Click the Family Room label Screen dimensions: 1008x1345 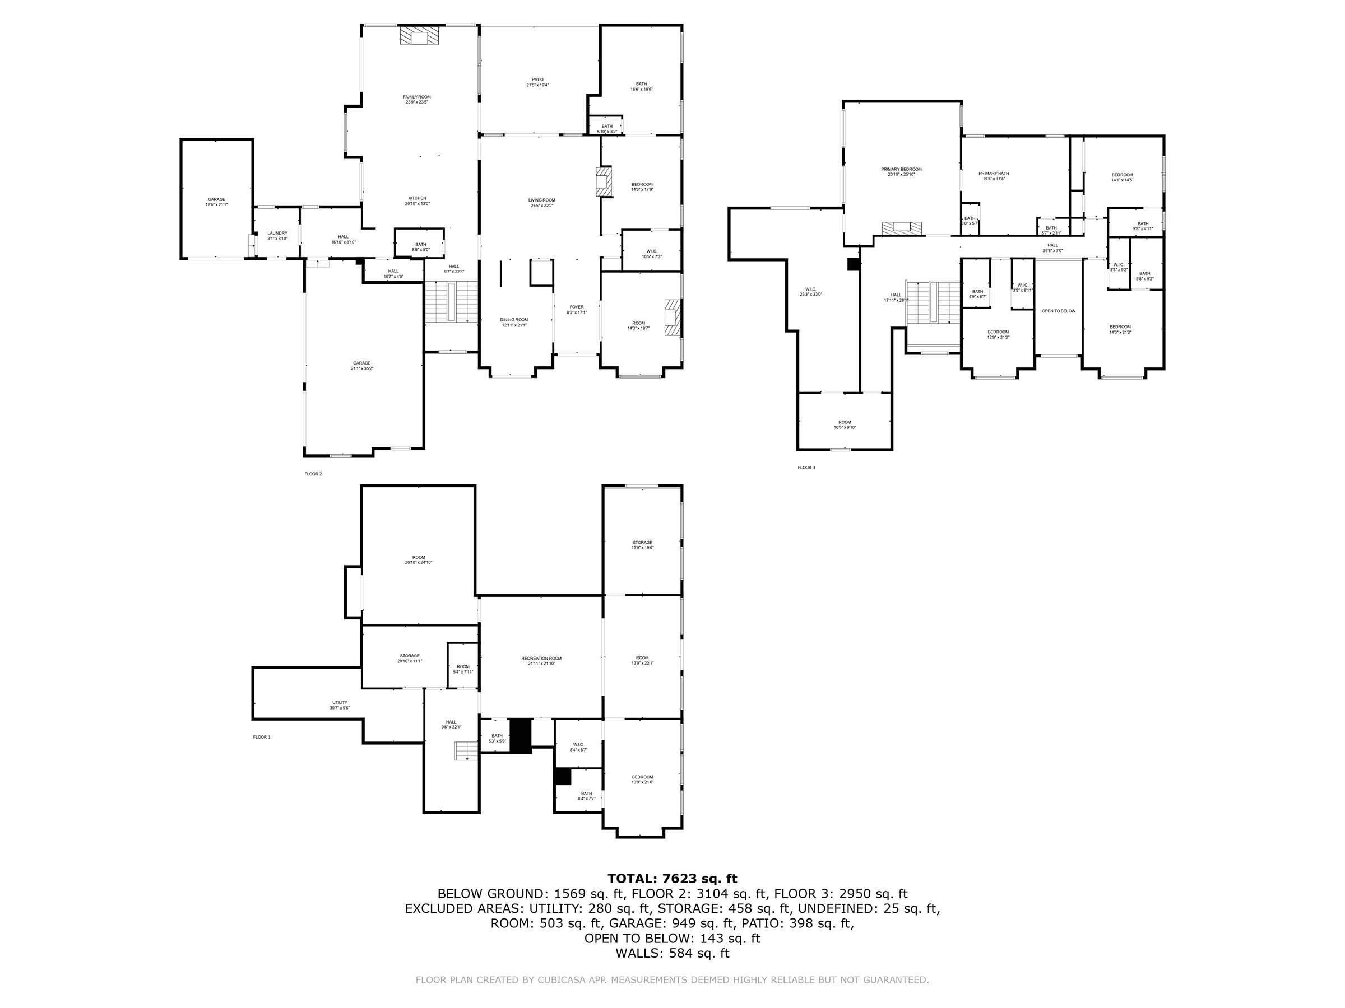[416, 99]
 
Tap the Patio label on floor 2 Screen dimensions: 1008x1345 [537, 82]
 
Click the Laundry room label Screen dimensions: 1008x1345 [277, 235]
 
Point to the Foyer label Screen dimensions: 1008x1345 [577, 309]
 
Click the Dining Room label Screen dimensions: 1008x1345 [514, 322]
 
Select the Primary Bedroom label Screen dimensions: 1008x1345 [901, 171]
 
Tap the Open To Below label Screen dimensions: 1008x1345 [1059, 311]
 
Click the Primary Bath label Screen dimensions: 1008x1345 [994, 176]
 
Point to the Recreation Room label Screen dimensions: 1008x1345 [541, 660]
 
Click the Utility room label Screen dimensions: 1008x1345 [340, 705]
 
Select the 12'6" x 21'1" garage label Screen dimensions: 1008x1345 [216, 202]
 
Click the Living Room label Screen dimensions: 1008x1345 [541, 202]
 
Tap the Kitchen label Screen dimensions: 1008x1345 [417, 200]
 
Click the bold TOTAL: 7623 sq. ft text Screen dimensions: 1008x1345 [672, 879]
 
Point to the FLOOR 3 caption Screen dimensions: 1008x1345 [806, 467]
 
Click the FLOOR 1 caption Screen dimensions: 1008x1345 [262, 737]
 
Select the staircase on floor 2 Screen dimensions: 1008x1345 [452, 302]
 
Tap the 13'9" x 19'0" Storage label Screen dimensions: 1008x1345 [642, 544]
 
